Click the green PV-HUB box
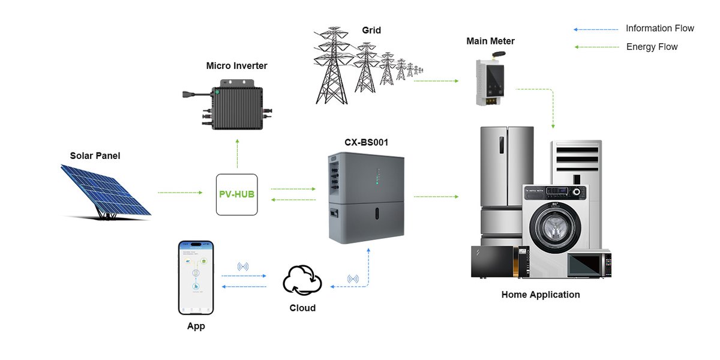point(236,194)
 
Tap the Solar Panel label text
point(95,156)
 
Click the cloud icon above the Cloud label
point(302,280)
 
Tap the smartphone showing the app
point(196,277)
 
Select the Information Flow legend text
point(659,28)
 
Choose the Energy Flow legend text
point(652,47)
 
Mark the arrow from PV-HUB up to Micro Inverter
point(237,154)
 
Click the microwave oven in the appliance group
point(589,265)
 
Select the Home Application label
point(541,295)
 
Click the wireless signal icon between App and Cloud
point(243,266)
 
